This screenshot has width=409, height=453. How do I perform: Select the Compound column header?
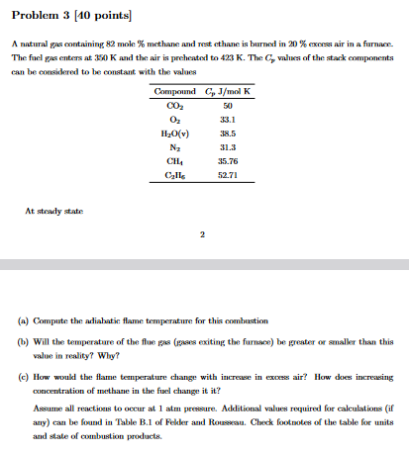coord(174,93)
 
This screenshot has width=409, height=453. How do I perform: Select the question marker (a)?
coord(21,322)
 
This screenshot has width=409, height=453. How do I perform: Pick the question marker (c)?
coord(21,377)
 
